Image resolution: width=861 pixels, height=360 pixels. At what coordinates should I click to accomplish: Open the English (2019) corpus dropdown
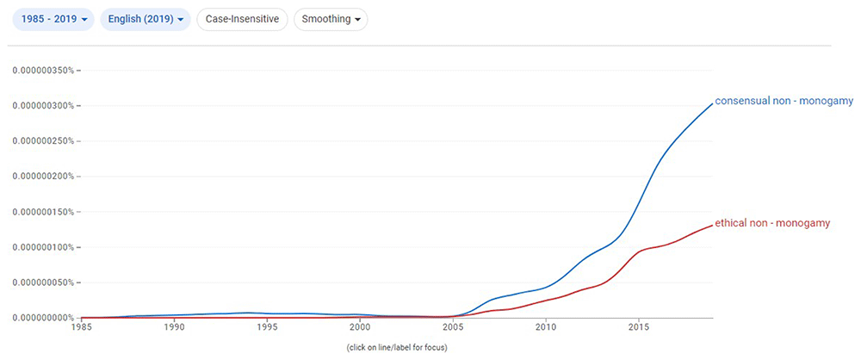click(145, 19)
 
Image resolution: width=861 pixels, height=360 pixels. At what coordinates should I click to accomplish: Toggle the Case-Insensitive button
click(242, 19)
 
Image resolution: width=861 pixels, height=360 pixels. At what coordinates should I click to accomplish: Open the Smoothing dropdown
click(331, 19)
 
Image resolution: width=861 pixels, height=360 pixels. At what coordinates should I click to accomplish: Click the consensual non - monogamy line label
click(784, 101)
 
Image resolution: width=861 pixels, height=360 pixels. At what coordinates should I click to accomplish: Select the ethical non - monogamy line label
click(772, 223)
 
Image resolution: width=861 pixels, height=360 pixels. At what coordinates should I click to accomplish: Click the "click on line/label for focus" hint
click(397, 348)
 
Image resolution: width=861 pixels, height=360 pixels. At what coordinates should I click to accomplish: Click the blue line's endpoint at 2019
click(712, 103)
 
